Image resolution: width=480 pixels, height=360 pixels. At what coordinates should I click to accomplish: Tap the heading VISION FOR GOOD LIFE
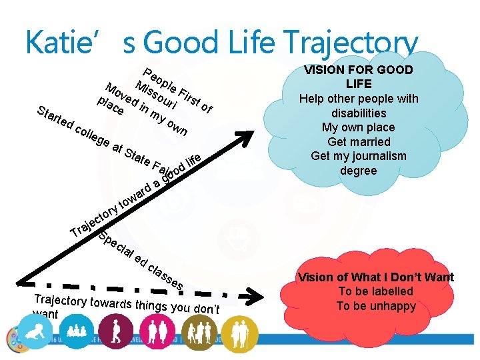pos(359,77)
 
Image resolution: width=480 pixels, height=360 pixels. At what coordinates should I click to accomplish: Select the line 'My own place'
pos(359,127)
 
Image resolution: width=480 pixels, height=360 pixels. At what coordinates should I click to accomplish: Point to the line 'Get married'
pos(359,141)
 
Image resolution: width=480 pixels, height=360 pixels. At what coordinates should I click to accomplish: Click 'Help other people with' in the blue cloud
pos(359,99)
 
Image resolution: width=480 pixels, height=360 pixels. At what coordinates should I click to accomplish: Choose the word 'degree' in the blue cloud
pos(359,171)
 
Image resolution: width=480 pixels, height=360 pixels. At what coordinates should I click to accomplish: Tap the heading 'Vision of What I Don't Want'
pos(376,277)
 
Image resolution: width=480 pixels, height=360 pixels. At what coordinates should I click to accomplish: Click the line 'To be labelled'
pos(376,291)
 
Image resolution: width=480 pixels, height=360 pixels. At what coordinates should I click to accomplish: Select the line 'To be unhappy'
pos(376,306)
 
